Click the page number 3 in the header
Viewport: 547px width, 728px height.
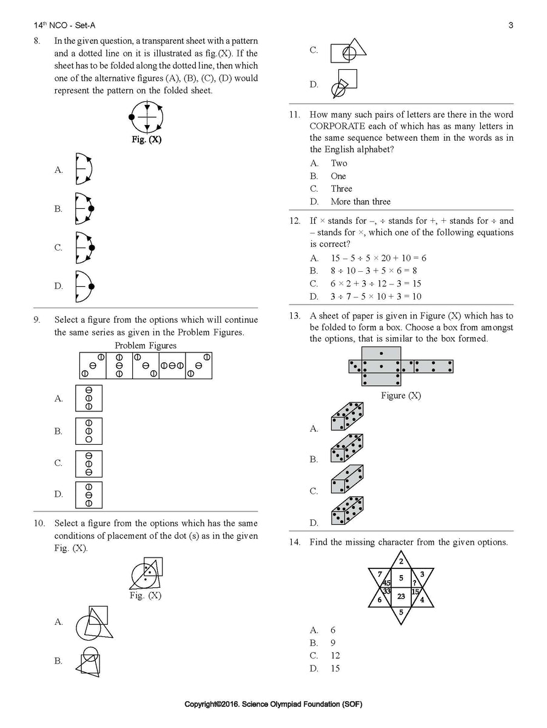point(511,25)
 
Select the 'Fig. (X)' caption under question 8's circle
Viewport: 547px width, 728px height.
point(147,139)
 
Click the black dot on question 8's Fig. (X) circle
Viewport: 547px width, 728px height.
point(132,116)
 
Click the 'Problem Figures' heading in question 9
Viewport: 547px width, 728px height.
point(146,346)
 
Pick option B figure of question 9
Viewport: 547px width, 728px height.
point(89,431)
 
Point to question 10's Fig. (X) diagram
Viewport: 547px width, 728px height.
point(146,573)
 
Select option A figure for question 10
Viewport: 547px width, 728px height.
point(94,622)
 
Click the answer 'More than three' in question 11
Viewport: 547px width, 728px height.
point(360,201)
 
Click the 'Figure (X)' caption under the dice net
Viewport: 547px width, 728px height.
point(401,396)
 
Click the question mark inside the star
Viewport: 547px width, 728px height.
point(414,584)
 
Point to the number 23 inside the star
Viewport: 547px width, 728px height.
point(401,596)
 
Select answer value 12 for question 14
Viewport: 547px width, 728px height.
point(335,655)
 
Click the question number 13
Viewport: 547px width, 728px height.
point(295,315)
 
